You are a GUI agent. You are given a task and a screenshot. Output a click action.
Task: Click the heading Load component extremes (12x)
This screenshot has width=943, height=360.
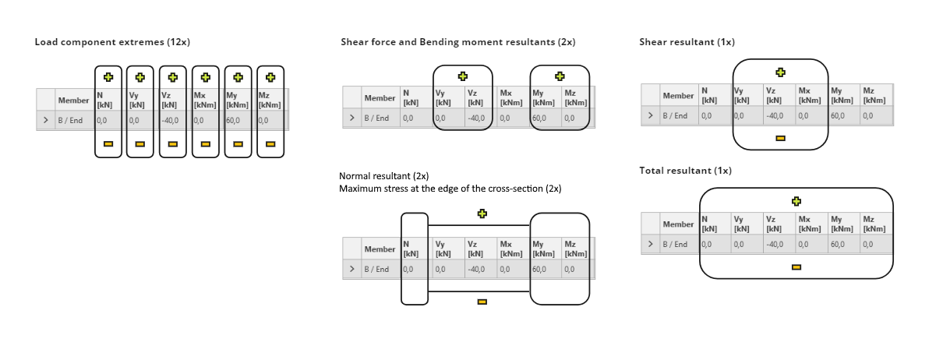pos(111,41)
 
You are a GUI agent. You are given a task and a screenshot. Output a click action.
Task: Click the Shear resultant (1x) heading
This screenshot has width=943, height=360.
pos(687,42)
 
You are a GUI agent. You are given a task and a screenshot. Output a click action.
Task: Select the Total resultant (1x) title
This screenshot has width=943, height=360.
pos(685,170)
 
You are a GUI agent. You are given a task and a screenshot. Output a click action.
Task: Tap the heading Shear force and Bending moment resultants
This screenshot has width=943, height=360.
pos(457,42)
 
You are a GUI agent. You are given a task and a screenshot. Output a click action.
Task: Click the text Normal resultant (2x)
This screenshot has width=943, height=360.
pos(383,176)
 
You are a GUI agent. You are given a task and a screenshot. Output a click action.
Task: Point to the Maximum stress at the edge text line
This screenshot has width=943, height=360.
pos(450,189)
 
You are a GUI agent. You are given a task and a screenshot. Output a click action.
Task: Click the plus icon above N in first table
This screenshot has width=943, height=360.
pos(108,77)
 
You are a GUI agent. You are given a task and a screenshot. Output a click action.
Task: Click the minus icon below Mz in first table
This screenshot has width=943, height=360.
pos(270,143)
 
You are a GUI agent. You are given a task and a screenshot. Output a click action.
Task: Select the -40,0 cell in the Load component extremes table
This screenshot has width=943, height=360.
pos(171,121)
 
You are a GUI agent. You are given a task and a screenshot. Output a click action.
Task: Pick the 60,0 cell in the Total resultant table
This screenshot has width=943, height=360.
pos(836,244)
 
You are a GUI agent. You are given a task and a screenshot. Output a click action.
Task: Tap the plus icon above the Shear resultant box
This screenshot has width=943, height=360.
pos(780,72)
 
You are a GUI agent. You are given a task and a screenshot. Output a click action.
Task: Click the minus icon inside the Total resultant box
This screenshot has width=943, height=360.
pos(796,266)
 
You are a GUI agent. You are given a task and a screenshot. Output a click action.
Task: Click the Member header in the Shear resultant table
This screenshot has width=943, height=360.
pos(678,96)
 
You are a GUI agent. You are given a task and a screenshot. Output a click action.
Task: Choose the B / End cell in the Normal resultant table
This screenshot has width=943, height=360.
pos(377,270)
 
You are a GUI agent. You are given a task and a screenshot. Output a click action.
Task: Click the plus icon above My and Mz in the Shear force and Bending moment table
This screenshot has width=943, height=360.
pos(560,76)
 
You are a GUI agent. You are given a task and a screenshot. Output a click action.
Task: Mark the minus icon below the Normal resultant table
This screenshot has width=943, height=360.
pos(482,302)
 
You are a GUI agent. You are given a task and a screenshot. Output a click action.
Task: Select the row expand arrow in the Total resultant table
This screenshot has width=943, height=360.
pos(651,244)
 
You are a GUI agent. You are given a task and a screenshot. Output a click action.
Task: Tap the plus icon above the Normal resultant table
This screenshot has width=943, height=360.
pos(482,214)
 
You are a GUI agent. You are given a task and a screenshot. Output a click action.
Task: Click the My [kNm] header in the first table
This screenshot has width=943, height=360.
pos(237,101)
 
